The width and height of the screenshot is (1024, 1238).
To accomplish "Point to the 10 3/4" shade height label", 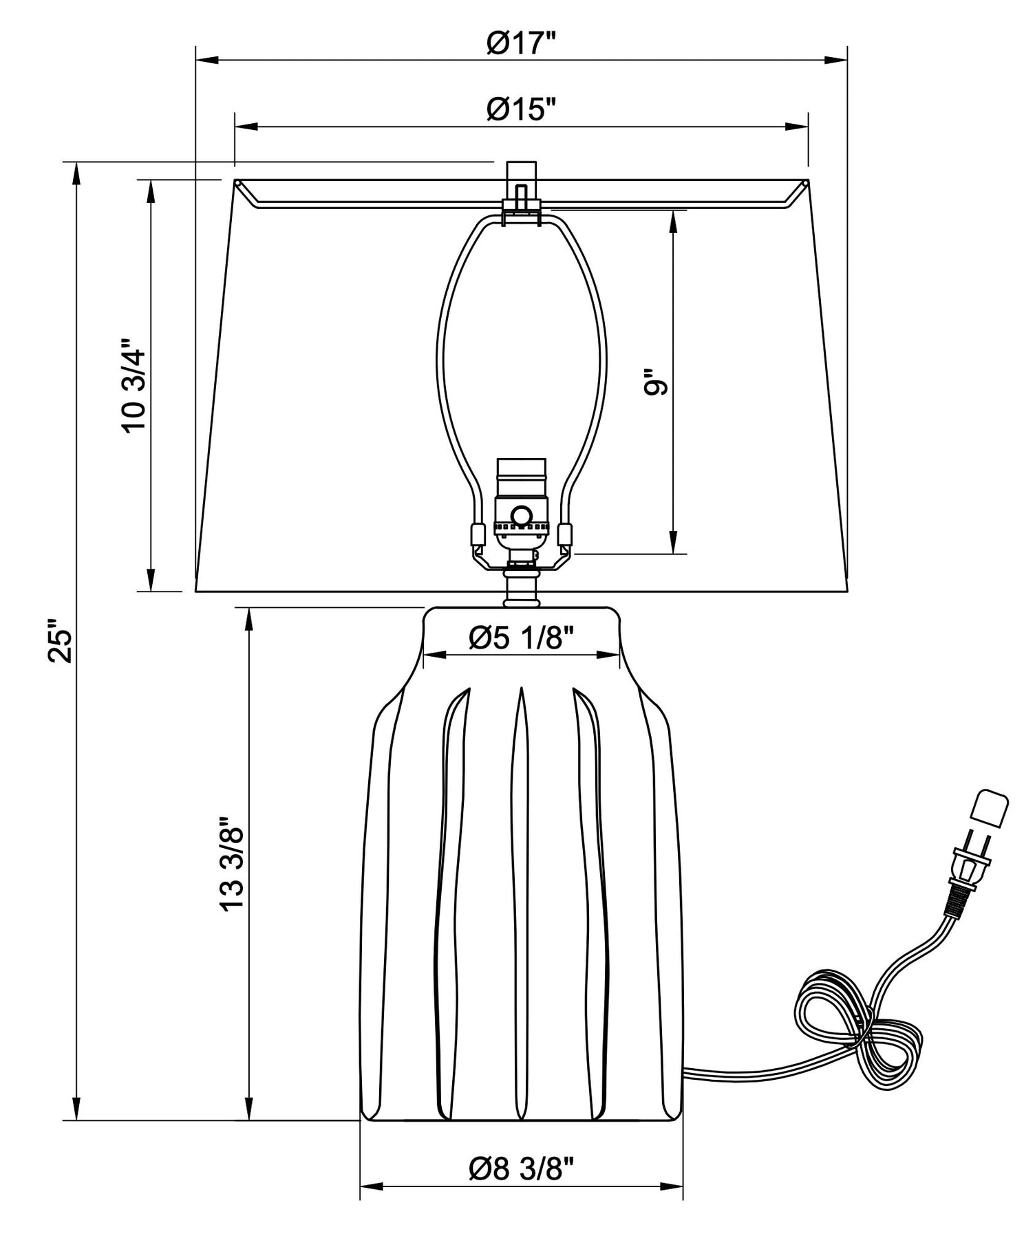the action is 134,385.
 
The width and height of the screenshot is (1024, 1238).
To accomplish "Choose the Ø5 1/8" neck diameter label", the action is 521,640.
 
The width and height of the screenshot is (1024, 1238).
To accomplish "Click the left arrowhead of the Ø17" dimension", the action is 207,61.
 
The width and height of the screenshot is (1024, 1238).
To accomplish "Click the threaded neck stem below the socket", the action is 521,586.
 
